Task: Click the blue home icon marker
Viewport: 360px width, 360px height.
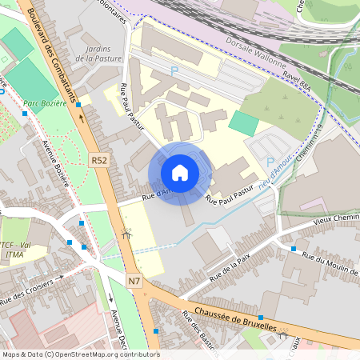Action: point(180,173)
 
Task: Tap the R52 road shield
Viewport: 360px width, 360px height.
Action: point(99,161)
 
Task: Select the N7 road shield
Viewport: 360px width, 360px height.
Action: point(134,281)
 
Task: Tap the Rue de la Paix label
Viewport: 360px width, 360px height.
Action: point(230,270)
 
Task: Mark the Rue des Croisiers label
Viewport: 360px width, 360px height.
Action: point(32,290)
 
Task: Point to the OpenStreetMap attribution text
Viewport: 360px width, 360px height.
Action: point(80,354)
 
